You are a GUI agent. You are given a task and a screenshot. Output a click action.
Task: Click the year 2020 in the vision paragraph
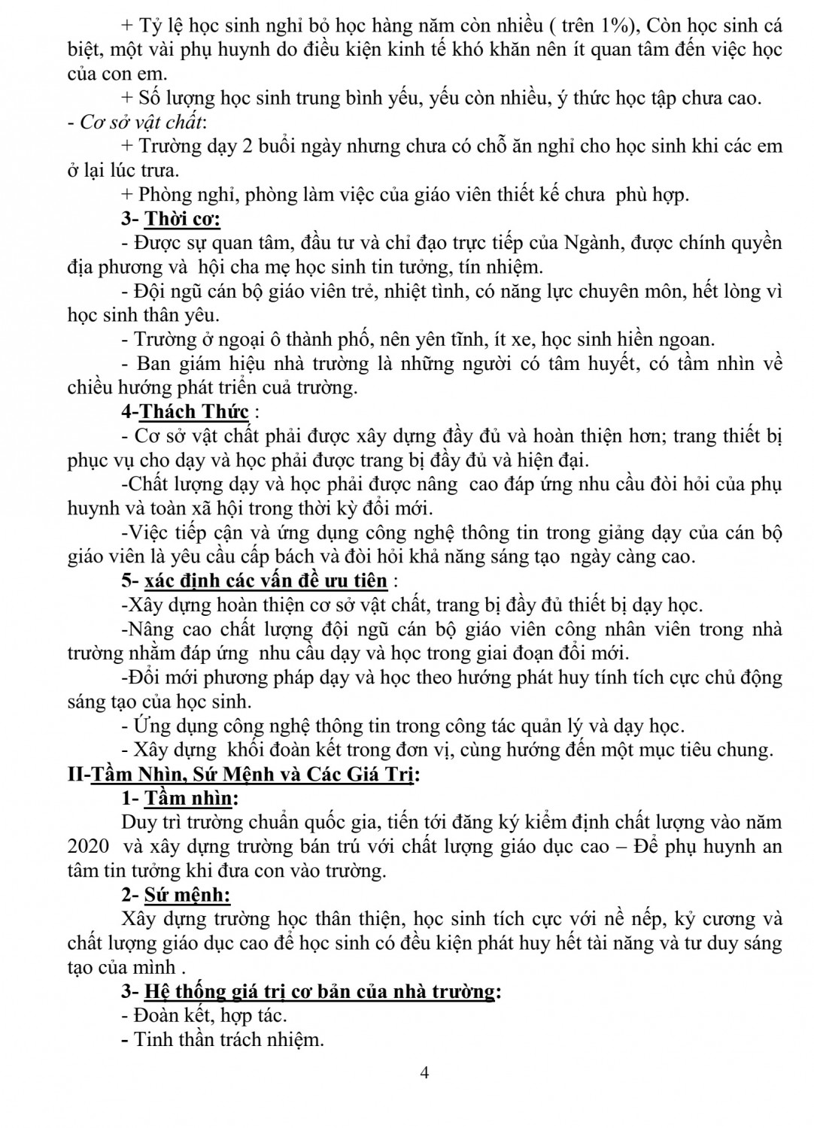pos(88,847)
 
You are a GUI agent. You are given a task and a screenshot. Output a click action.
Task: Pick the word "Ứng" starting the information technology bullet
pos(153,726)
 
